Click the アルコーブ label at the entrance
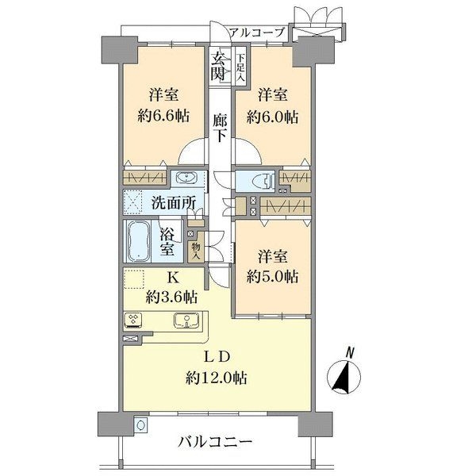tap(257, 33)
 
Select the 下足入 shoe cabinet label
tap(240, 66)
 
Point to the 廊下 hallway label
tap(221, 126)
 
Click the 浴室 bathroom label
tap(167, 241)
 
